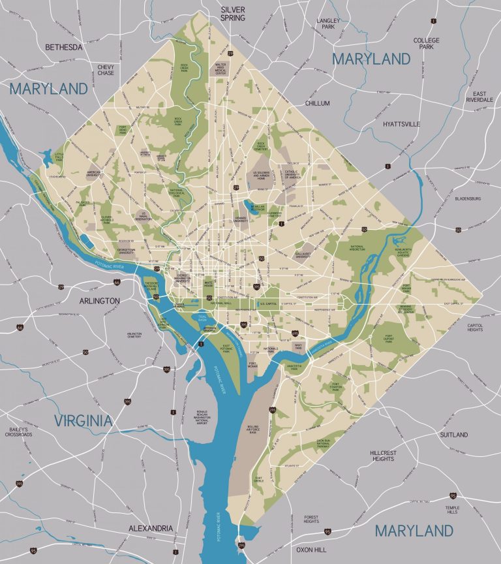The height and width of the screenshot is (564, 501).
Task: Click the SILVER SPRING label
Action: pos(233,14)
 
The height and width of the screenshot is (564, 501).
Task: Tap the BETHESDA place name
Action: pos(63,48)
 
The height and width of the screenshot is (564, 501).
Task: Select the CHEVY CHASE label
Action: pos(106,69)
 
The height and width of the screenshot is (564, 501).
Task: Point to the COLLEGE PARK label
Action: pos(427,44)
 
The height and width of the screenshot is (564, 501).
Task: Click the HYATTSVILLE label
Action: pos(402,124)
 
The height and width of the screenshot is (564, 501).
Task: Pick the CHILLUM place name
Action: pos(316,103)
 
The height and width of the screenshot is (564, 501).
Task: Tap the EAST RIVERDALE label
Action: pos(481,97)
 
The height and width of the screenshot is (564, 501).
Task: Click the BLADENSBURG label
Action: pos(468,198)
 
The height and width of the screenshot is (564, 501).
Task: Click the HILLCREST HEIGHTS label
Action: pos(382,455)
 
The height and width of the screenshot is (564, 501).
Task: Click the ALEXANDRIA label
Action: pos(151,527)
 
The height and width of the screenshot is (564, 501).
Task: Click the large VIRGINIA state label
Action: pos(83,420)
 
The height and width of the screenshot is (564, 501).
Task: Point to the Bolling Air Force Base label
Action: pos(254,431)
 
